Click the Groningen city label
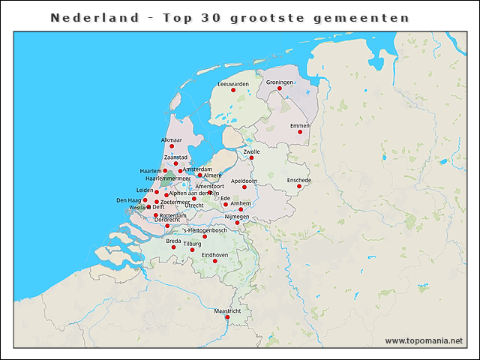pyautogui.click(x=280, y=82)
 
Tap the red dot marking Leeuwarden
pyautogui.click(x=233, y=90)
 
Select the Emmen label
pyautogui.click(x=300, y=125)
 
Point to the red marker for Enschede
pyautogui.click(x=298, y=187)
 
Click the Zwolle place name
pyautogui.click(x=252, y=151)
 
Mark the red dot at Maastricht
pyautogui.click(x=227, y=316)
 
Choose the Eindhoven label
pyautogui.click(x=215, y=255)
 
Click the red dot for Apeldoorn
pyautogui.click(x=244, y=187)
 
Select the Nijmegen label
pyautogui.click(x=237, y=217)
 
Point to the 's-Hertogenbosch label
pyautogui.click(x=205, y=230)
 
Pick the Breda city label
pyautogui.click(x=173, y=241)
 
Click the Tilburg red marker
pyautogui.click(x=192, y=250)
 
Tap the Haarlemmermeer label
pyautogui.click(x=167, y=178)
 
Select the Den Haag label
pyautogui.click(x=129, y=200)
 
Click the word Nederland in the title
pyautogui.click(x=84, y=17)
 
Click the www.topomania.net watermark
pyautogui.click(x=424, y=340)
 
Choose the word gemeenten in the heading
pyautogui.click(x=372, y=17)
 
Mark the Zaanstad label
pyautogui.click(x=175, y=157)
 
